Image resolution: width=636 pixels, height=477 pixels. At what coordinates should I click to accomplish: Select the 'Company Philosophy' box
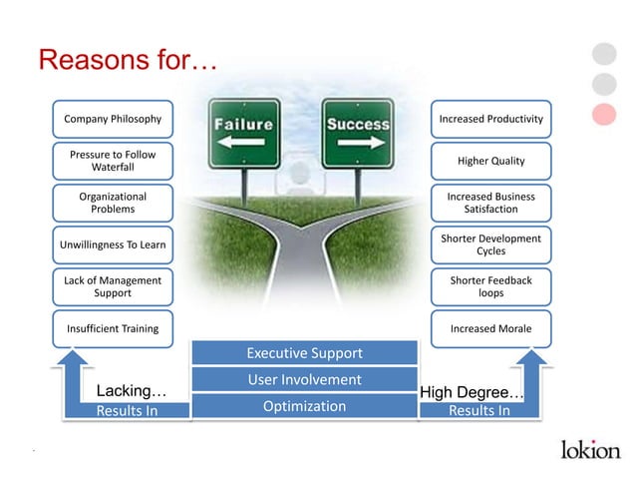113,119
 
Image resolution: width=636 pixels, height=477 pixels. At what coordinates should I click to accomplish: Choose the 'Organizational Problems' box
113,203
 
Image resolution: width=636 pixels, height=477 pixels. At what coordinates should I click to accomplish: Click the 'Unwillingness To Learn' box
113,244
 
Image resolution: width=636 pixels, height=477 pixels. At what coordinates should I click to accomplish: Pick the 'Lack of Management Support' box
113,286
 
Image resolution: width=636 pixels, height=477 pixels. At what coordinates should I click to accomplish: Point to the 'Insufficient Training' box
113,328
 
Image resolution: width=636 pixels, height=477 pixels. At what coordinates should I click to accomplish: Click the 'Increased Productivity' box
490,119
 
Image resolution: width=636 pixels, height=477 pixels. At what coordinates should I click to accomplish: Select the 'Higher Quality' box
490,161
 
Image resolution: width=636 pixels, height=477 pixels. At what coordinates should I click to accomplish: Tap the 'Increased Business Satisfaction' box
490,203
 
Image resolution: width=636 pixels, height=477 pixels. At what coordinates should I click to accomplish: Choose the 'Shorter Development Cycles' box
490,244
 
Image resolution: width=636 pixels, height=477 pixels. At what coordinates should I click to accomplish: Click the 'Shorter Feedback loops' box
490,286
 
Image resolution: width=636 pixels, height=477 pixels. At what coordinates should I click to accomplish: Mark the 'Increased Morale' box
490,328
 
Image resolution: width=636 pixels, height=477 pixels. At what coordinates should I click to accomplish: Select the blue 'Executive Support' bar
304,353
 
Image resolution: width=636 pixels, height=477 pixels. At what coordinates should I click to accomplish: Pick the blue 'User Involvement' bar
304,379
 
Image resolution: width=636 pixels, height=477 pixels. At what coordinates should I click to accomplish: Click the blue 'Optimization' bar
304,406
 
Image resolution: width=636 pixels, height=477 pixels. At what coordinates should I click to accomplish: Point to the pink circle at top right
604,114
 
